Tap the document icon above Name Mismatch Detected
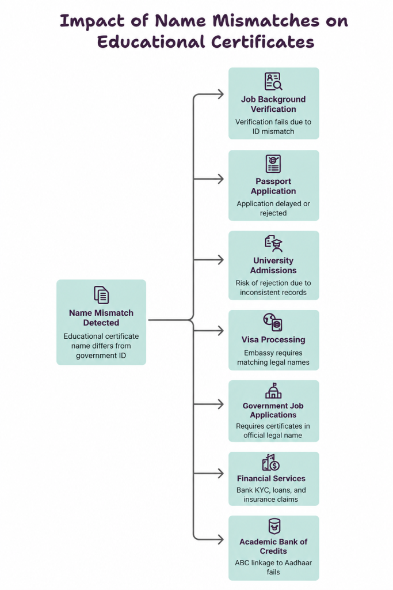(101, 295)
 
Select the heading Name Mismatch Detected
(101, 317)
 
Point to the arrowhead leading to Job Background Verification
(220, 94)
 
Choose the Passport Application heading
(273, 186)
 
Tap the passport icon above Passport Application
(273, 164)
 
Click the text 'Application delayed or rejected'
(273, 208)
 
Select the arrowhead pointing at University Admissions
(220, 260)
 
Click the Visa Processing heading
(273, 339)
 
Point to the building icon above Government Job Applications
(273, 391)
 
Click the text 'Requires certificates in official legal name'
(273, 430)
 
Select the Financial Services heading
(271, 478)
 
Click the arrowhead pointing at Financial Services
(220, 474)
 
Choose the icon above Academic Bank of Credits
(274, 526)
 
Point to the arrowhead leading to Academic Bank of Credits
(220, 539)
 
